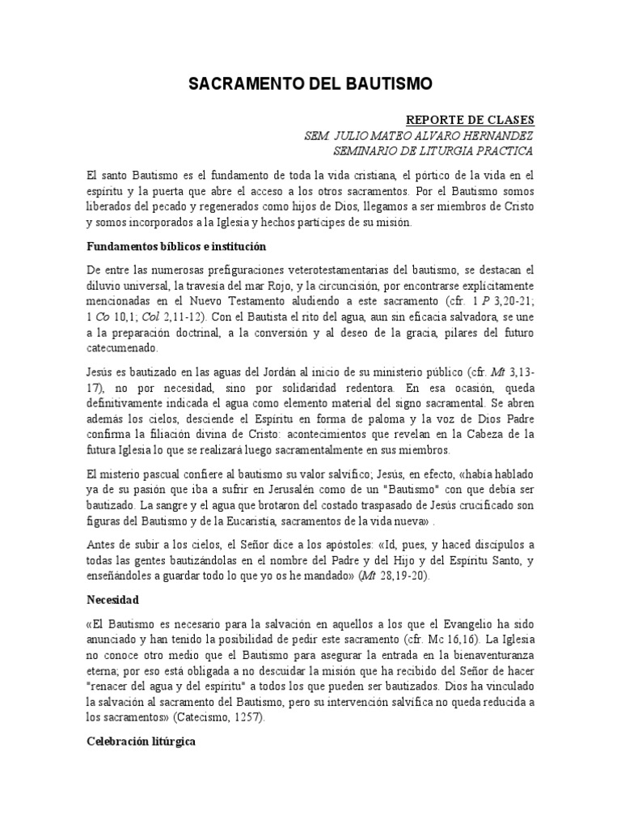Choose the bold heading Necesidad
click(x=114, y=601)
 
